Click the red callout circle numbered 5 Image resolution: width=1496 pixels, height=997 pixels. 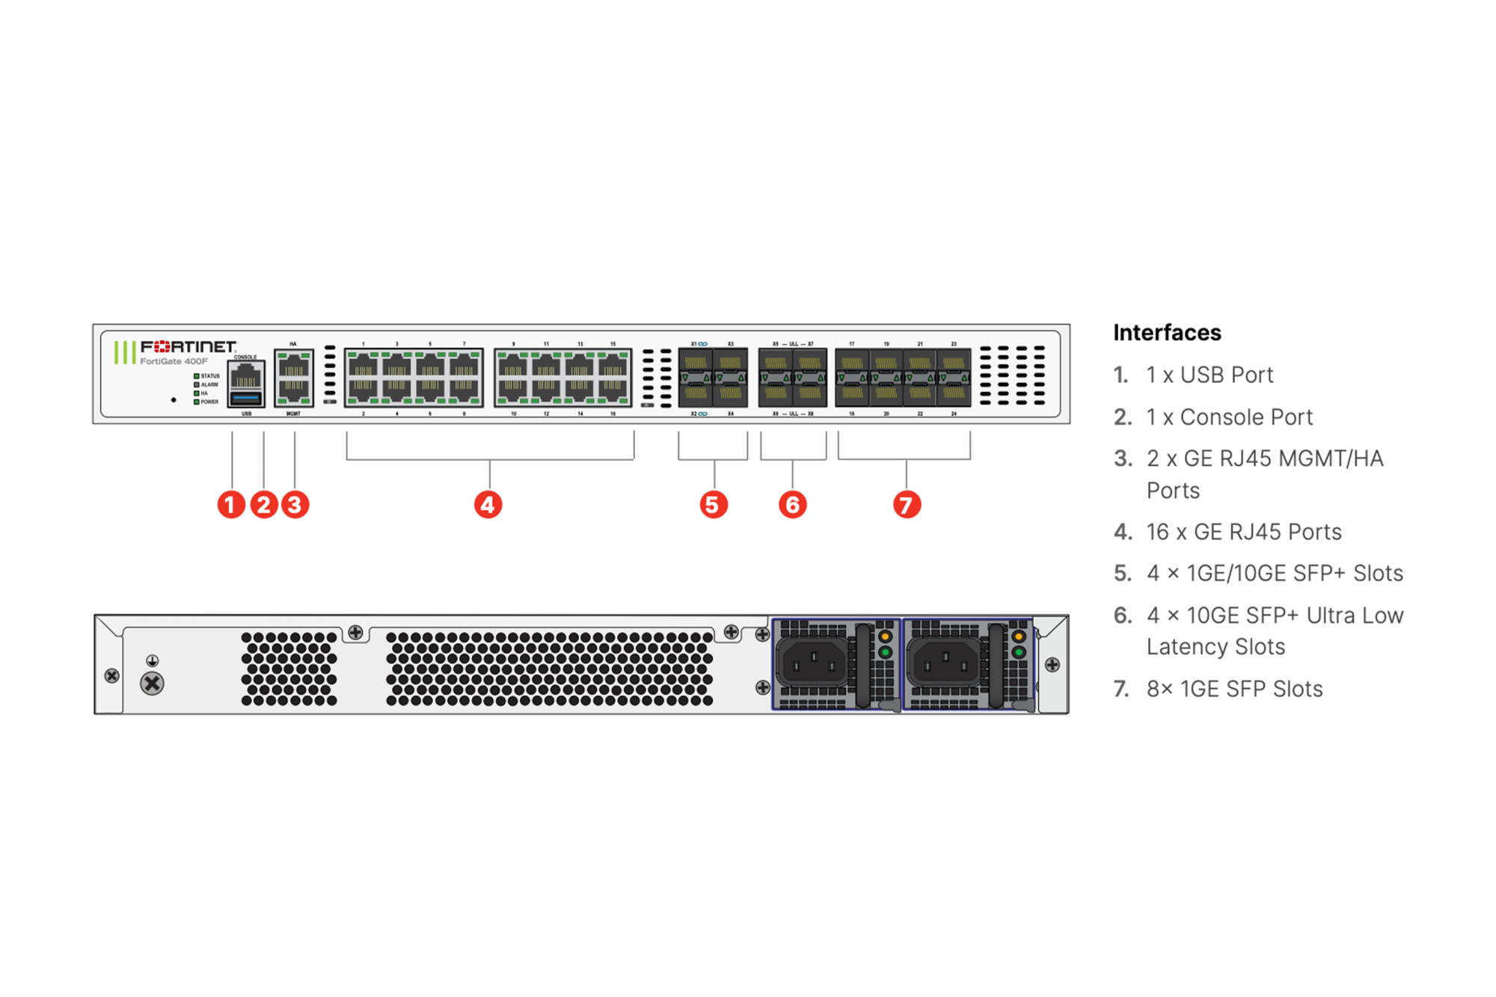(x=714, y=505)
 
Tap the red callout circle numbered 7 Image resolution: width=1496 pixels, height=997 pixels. (x=907, y=505)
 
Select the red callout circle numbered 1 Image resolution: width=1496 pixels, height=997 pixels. (x=231, y=505)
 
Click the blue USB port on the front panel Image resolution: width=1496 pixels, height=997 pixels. (x=246, y=397)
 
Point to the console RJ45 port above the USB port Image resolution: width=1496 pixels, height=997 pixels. (x=246, y=375)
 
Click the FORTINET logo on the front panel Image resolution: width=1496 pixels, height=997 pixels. (x=188, y=346)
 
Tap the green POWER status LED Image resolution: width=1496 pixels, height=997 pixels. (x=197, y=402)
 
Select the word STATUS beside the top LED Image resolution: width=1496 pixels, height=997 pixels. (x=210, y=376)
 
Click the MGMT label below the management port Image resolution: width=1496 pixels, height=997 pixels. (x=293, y=414)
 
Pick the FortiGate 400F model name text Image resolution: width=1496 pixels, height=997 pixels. (x=174, y=361)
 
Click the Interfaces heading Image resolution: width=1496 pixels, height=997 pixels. (x=1167, y=333)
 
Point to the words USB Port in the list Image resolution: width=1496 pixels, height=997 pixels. (x=1226, y=375)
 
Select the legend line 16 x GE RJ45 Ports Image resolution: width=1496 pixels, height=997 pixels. (x=1244, y=532)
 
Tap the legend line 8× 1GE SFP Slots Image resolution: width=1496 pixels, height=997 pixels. (x=1234, y=689)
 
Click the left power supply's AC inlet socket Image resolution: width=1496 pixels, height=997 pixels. (x=814, y=663)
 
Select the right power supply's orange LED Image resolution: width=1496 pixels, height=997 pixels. (x=1018, y=637)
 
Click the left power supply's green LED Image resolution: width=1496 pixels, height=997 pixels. (x=885, y=652)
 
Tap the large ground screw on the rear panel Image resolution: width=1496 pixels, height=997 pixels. (x=152, y=683)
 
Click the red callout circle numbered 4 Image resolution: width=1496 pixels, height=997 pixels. (x=488, y=505)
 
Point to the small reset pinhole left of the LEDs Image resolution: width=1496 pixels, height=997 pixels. (x=174, y=400)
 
